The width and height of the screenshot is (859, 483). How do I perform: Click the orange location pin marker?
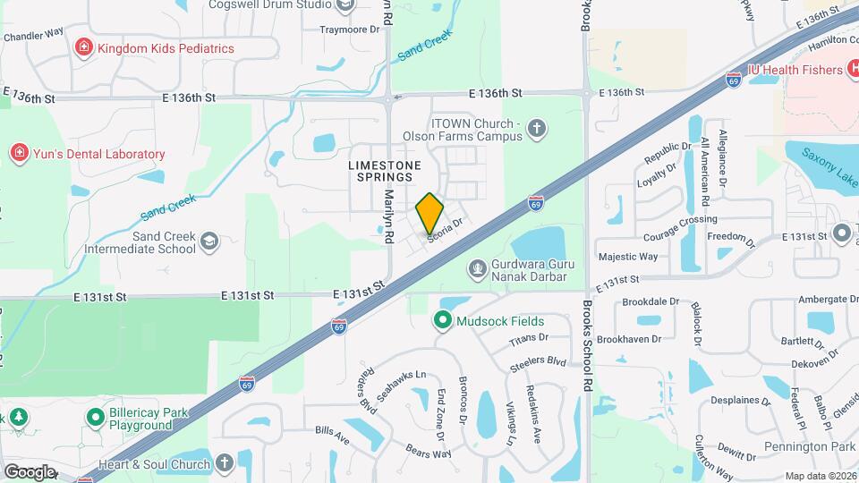pyautogui.click(x=429, y=213)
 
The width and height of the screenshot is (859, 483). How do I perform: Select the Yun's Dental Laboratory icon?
pyautogui.click(x=19, y=154)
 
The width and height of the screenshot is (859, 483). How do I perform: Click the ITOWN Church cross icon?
pyautogui.click(x=537, y=130)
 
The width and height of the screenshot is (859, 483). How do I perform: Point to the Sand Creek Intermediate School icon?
pyautogui.click(x=208, y=241)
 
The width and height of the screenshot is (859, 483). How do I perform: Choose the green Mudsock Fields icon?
pyautogui.click(x=442, y=319)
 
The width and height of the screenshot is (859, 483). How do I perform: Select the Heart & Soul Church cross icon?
pyautogui.click(x=225, y=463)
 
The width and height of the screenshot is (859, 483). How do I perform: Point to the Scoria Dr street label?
pyautogui.click(x=446, y=230)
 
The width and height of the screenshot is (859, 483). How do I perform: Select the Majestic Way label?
pyautogui.click(x=628, y=257)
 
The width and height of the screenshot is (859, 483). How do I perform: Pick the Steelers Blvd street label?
pyautogui.click(x=539, y=361)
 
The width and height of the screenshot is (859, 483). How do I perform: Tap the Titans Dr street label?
pyautogui.click(x=528, y=337)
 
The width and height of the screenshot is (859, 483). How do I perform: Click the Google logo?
pyautogui.click(x=30, y=471)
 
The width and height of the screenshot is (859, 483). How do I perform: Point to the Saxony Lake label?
pyautogui.click(x=825, y=181)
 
